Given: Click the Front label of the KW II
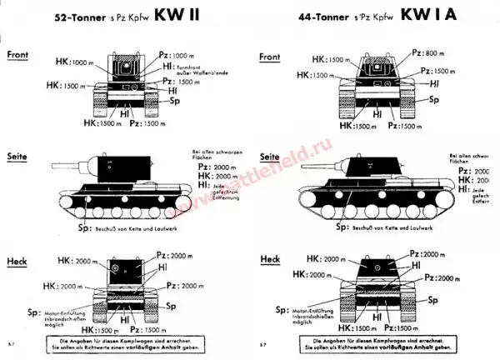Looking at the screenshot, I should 19,54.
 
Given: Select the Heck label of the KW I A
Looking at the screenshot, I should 270,260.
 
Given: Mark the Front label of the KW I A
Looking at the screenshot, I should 270,57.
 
